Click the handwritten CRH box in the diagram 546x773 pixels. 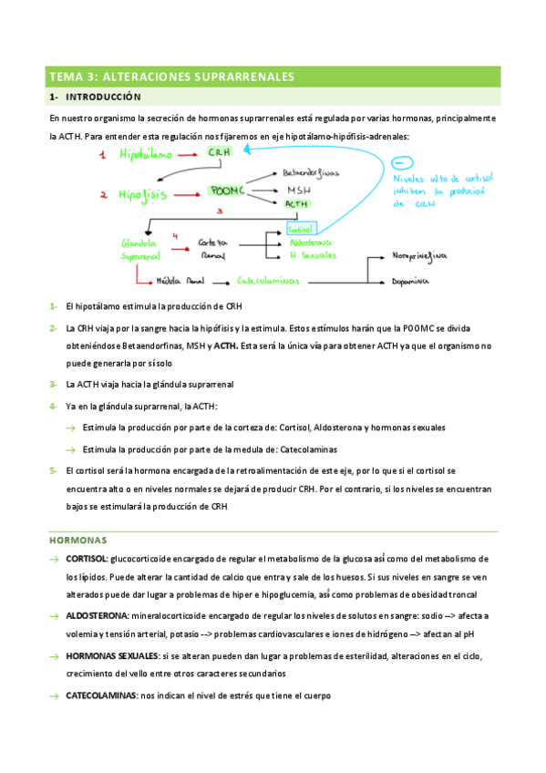(219, 152)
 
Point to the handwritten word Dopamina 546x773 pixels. (411, 282)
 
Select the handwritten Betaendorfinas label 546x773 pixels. (310, 172)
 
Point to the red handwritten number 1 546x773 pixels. (104, 156)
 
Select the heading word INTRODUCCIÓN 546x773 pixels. (104, 96)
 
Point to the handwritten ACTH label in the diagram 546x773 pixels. (297, 204)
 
